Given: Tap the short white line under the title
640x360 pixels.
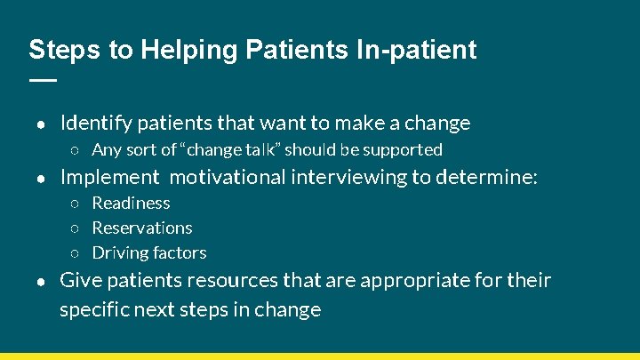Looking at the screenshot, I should (42, 80).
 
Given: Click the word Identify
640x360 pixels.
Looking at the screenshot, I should (92, 123).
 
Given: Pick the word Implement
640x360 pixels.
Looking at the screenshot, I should (109, 177).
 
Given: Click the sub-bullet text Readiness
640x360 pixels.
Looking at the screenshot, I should (131, 203).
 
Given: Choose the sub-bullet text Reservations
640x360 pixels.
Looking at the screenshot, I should (142, 228).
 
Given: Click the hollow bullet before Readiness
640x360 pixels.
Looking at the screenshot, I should (76, 204).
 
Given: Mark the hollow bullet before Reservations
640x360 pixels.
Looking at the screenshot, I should (76, 228).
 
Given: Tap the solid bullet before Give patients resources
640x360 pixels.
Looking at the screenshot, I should (43, 282).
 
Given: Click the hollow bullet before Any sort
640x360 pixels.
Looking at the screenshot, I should (76, 150).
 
